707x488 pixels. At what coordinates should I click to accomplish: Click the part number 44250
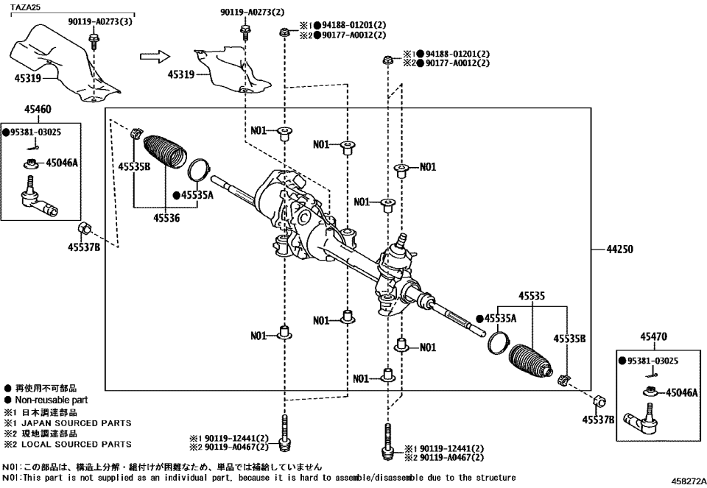(x=619, y=250)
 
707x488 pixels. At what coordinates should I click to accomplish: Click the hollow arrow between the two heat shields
(x=154, y=56)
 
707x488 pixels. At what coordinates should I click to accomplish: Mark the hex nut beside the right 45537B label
(x=599, y=401)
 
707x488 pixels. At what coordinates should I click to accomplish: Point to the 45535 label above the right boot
(x=530, y=295)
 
